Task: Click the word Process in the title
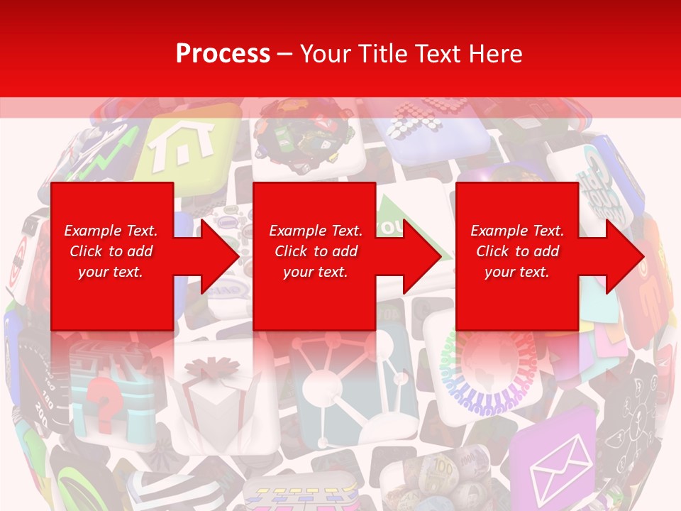[223, 54]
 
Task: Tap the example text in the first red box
[111, 251]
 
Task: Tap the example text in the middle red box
[316, 251]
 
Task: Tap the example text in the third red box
[517, 251]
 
